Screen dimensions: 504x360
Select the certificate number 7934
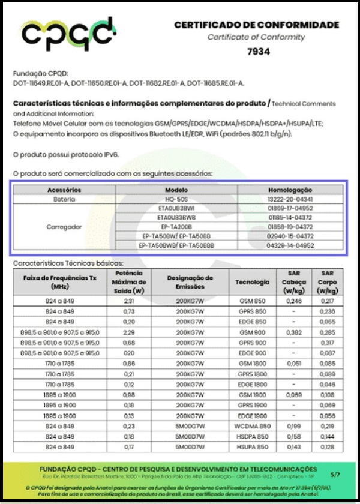point(259,52)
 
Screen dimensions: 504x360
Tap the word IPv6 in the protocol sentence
point(110,154)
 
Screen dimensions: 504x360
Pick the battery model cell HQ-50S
point(177,199)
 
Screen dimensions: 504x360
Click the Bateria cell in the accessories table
point(64,199)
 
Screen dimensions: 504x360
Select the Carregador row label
point(64,227)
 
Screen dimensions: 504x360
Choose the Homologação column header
point(290,190)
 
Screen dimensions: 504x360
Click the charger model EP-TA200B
point(177,227)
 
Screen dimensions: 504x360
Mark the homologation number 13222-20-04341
point(290,199)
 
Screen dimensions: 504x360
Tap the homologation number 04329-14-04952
point(290,245)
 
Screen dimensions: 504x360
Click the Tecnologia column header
point(252,282)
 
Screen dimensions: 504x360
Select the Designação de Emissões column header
point(190,282)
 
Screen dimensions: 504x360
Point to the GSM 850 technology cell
point(252,300)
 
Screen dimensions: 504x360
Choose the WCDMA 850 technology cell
point(252,426)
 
